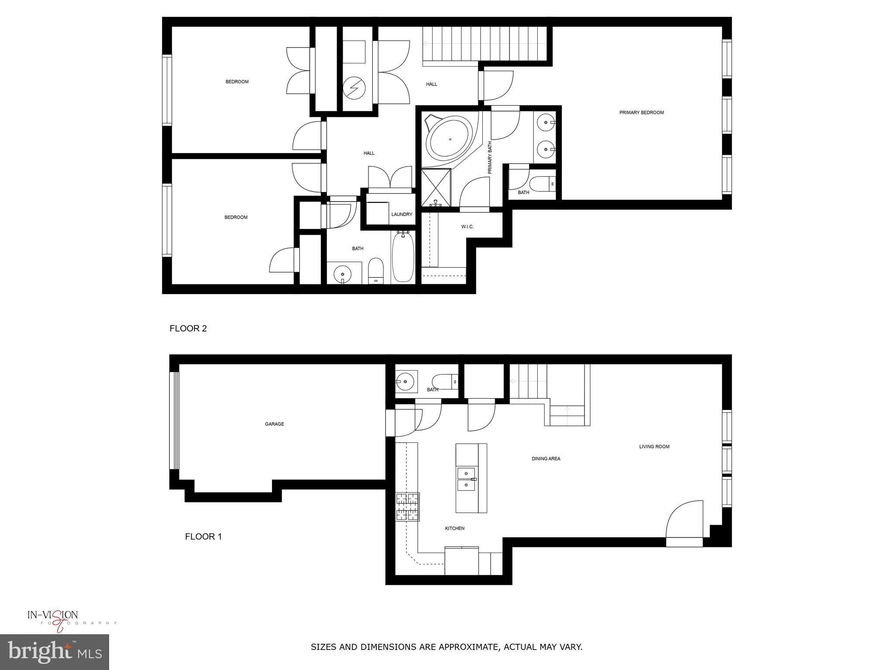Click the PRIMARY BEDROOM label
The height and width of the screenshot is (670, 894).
click(641, 113)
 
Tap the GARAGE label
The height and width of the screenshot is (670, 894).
click(274, 424)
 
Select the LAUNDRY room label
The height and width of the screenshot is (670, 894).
click(402, 214)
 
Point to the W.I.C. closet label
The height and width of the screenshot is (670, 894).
click(467, 227)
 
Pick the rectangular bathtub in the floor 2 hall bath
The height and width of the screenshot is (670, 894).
click(402, 257)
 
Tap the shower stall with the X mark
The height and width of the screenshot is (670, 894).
click(436, 187)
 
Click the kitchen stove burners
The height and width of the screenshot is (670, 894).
click(408, 506)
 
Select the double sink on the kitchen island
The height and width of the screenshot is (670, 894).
click(467, 479)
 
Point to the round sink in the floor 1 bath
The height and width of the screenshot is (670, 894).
click(406, 382)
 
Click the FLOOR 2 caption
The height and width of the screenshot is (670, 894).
click(188, 328)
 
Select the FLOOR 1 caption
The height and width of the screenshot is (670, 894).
click(203, 537)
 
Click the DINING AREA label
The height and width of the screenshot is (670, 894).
click(546, 458)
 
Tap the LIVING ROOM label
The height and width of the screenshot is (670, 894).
click(654, 447)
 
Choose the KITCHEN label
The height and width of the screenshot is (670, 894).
click(454, 528)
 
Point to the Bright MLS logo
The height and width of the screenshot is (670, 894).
click(55, 652)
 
